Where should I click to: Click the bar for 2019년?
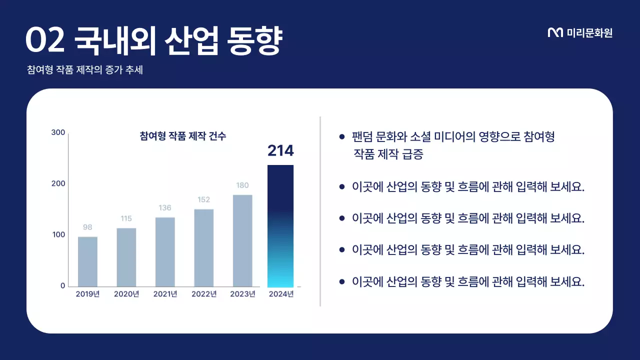pyautogui.click(x=87, y=261)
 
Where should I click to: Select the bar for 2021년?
pyautogui.click(x=165, y=251)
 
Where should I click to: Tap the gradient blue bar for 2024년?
pyautogui.click(x=280, y=225)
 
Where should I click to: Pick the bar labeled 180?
pyautogui.click(x=242, y=240)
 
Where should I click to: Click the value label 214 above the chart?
pyautogui.click(x=280, y=150)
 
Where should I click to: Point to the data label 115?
pyautogui.click(x=126, y=218)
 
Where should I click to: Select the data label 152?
pyautogui.click(x=203, y=199)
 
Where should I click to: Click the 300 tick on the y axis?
pyautogui.click(x=58, y=132)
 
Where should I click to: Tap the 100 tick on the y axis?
pyautogui.click(x=58, y=235)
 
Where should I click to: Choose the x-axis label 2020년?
pyautogui.click(x=126, y=294)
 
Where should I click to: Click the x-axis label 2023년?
pyautogui.click(x=242, y=294)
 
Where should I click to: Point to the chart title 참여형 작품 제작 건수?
pyautogui.click(x=182, y=136)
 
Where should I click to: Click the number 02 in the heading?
pyautogui.click(x=45, y=41)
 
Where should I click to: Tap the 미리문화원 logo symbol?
pyautogui.click(x=555, y=33)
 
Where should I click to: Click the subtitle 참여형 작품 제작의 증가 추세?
pyautogui.click(x=85, y=70)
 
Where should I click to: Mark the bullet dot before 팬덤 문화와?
pyautogui.click(x=342, y=136)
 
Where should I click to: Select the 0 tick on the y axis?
pyautogui.click(x=63, y=286)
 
